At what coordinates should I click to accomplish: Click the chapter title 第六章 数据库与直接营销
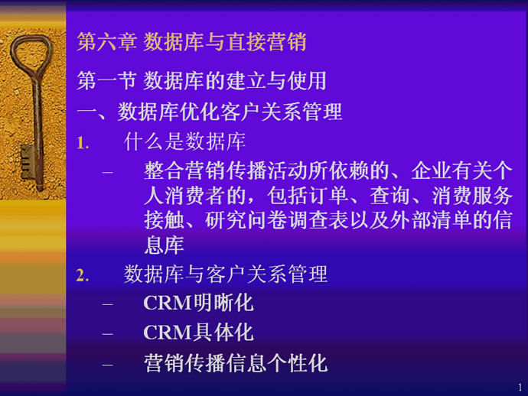[191, 42]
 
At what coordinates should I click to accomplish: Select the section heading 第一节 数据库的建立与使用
[201, 81]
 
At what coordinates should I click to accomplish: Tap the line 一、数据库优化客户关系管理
[210, 112]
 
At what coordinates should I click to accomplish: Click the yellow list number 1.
[83, 143]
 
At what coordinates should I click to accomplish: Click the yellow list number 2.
[83, 275]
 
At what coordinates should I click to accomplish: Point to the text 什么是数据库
[184, 141]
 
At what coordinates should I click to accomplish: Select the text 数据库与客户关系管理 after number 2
[226, 274]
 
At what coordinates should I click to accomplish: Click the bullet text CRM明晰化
[198, 303]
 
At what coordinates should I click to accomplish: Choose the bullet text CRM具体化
[198, 333]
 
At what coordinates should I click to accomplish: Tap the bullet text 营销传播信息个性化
[236, 363]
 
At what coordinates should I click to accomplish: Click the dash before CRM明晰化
[108, 304]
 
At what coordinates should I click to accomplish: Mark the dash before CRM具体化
[108, 334]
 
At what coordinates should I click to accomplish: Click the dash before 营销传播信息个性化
[108, 365]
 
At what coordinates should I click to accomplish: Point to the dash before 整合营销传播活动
[108, 172]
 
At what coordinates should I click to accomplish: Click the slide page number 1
[520, 388]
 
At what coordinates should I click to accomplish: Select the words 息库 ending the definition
[164, 245]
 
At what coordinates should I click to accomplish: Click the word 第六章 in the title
[106, 42]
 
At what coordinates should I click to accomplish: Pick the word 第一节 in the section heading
[106, 81]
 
